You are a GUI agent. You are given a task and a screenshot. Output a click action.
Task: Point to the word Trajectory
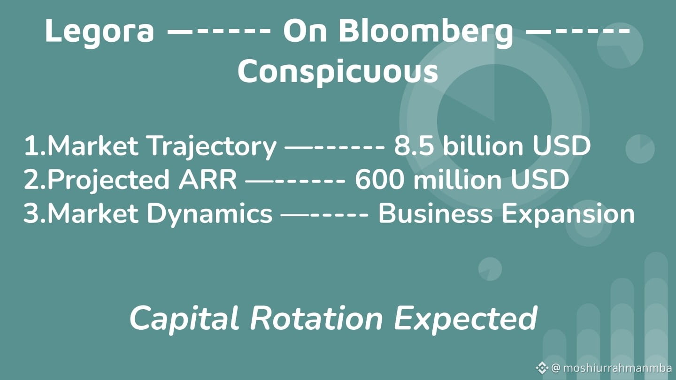[213, 147]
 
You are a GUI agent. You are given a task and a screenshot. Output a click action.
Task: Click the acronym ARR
[207, 180]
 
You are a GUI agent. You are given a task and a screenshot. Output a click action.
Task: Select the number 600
[379, 180]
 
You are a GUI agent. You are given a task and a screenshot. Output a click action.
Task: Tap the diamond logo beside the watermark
[542, 368]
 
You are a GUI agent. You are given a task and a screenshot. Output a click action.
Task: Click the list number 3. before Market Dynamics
[35, 213]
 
